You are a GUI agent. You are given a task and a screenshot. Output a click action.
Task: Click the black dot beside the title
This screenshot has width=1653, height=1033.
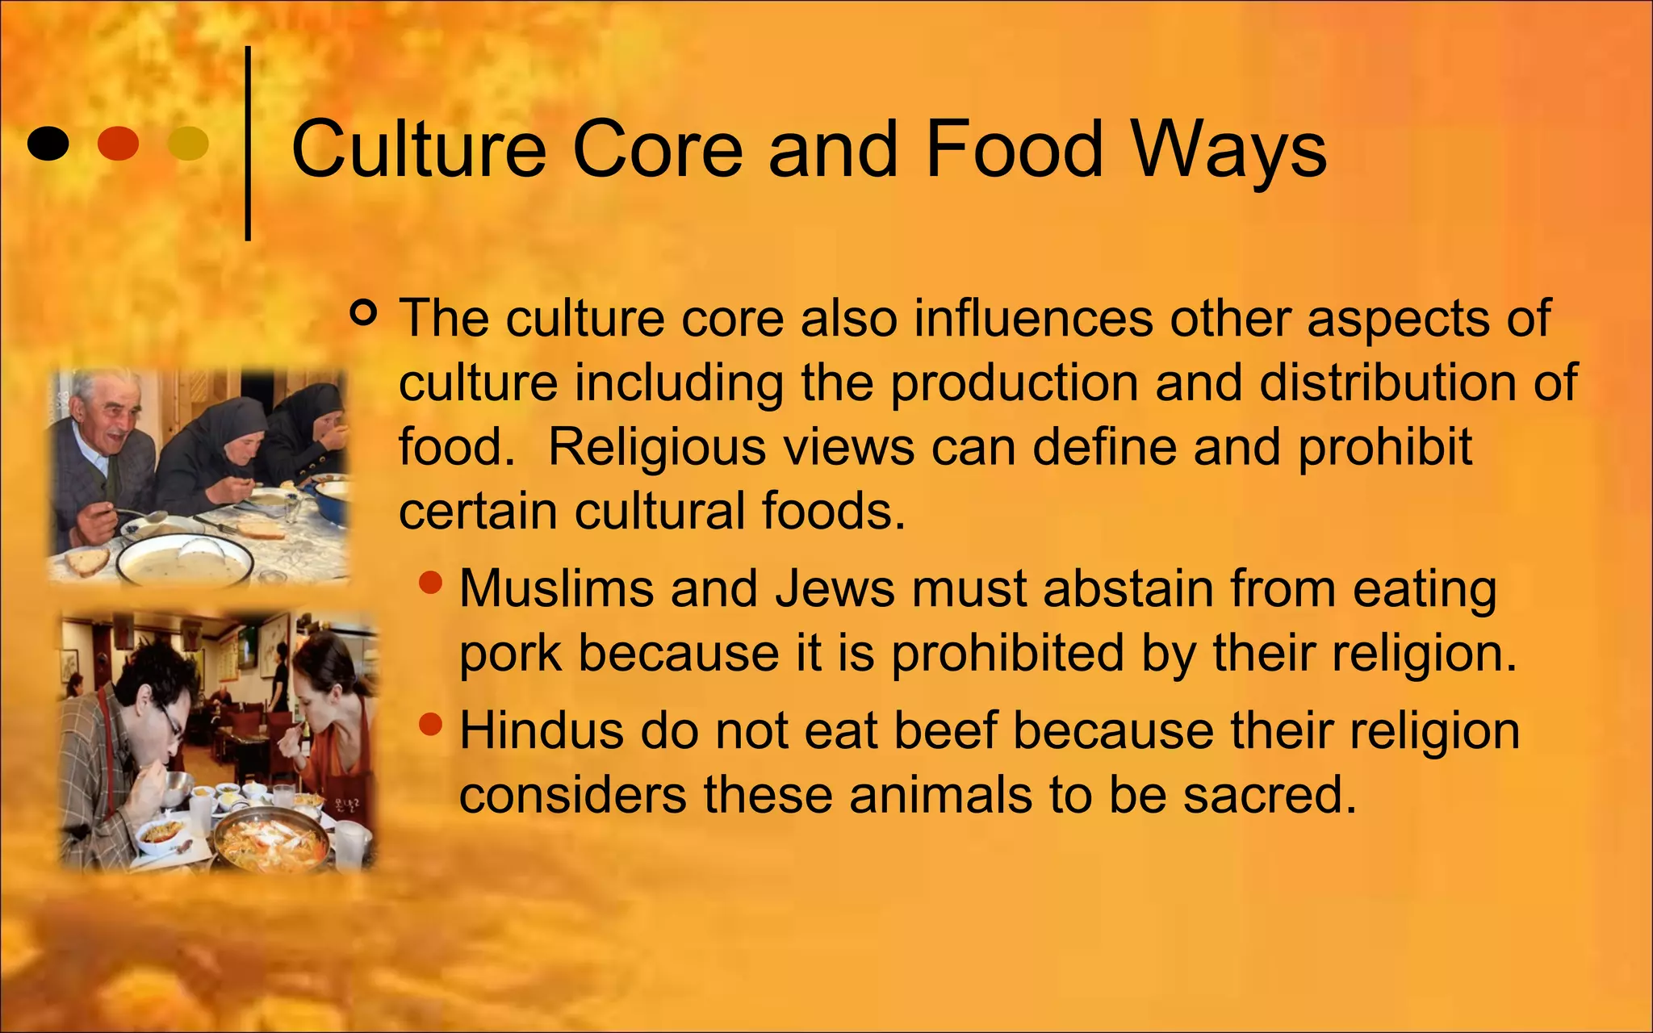pyautogui.click(x=48, y=144)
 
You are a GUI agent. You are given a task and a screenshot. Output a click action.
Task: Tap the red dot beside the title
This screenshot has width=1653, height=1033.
pyautogui.click(x=118, y=144)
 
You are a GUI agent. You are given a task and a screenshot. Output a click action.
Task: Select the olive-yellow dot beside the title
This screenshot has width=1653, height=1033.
pyautogui.click(x=188, y=144)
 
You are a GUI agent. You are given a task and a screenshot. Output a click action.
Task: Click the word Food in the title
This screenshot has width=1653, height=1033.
pyautogui.click(x=1012, y=149)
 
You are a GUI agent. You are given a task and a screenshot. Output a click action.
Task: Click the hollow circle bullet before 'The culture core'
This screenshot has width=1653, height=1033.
pyautogui.click(x=364, y=312)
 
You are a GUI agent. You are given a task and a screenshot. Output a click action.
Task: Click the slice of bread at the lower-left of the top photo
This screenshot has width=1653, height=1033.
pyautogui.click(x=87, y=559)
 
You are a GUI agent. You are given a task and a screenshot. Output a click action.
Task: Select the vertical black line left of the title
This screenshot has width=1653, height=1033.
pyautogui.click(x=248, y=144)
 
